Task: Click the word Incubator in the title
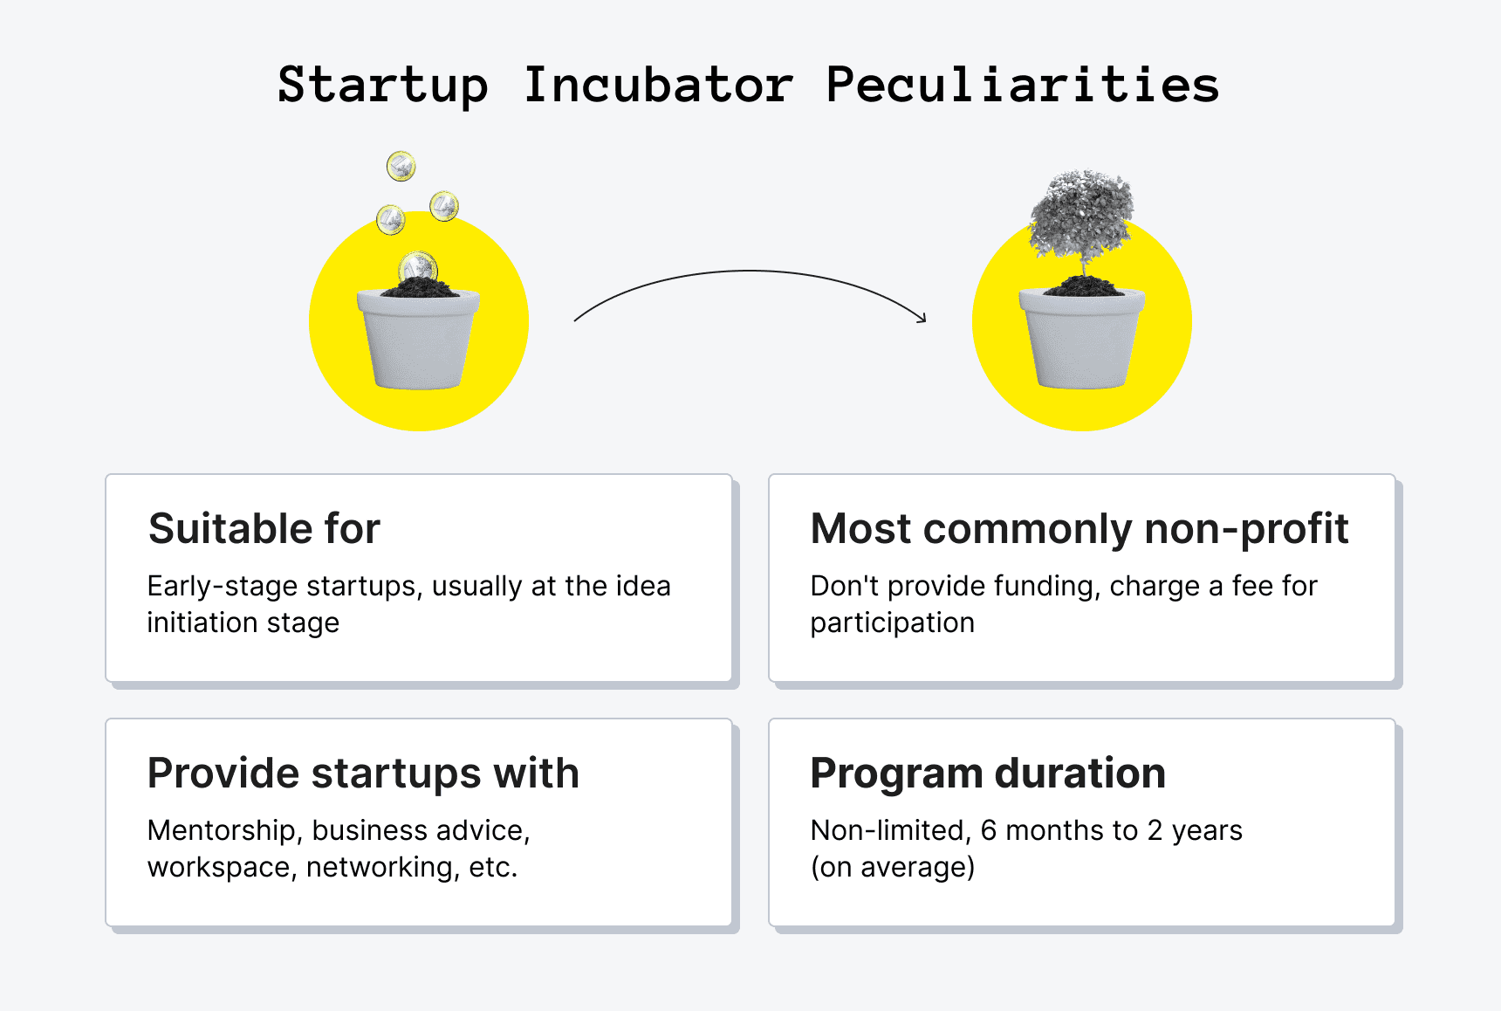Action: click(x=658, y=86)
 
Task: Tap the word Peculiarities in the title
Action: click(x=1022, y=86)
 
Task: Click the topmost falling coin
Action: click(x=401, y=166)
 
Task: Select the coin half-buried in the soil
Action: click(x=418, y=267)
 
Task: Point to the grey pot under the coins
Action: click(x=418, y=339)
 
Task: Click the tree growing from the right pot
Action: click(x=1082, y=223)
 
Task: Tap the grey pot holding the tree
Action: click(x=1082, y=339)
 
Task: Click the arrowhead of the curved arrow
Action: click(x=922, y=318)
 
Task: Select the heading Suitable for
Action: click(x=264, y=529)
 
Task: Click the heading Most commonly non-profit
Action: click(x=1079, y=529)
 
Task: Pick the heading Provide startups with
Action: click(x=363, y=774)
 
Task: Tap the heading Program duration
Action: click(x=988, y=774)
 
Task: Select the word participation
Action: click(x=892, y=623)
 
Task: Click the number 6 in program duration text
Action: click(x=989, y=830)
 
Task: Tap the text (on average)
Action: click(x=893, y=868)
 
